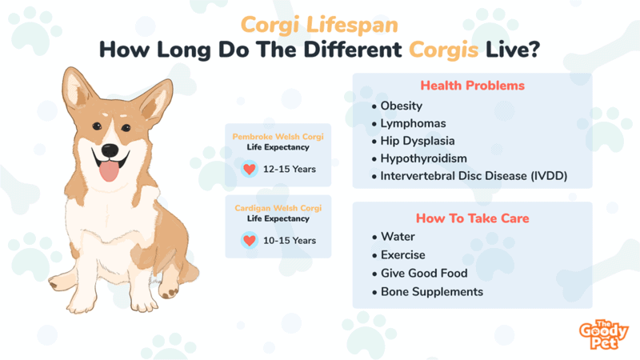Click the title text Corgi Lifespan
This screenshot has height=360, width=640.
click(x=319, y=26)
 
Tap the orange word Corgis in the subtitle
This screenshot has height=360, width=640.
click(x=444, y=50)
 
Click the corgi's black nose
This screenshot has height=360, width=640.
click(x=110, y=150)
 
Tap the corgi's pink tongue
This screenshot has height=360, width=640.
click(x=109, y=171)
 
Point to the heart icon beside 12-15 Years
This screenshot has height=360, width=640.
click(x=250, y=169)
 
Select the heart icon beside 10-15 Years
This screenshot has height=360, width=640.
click(x=250, y=241)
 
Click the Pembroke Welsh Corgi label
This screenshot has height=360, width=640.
click(x=278, y=137)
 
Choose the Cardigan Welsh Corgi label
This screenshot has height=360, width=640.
click(x=278, y=208)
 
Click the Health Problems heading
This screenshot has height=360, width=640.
click(x=473, y=86)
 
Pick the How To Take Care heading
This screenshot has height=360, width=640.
click(x=473, y=218)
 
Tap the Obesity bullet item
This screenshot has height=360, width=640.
click(x=402, y=106)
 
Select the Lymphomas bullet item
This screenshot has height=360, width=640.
click(x=413, y=124)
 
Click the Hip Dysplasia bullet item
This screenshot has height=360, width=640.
click(x=418, y=142)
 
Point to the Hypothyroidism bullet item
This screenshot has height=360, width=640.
click(x=424, y=158)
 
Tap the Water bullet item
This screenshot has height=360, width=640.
click(x=398, y=237)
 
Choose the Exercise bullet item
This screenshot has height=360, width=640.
click(x=403, y=255)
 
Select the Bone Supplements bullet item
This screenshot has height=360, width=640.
click(x=432, y=292)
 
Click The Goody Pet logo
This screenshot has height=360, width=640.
click(x=604, y=334)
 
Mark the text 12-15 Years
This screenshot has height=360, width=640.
click(x=290, y=169)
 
